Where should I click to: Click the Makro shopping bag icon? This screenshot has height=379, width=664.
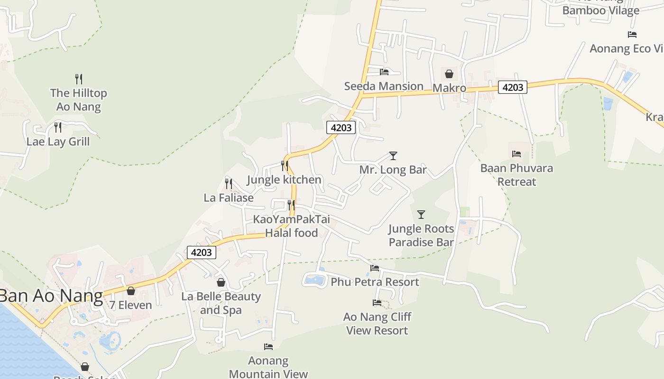click(449, 74)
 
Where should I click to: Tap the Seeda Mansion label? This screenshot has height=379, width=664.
click(384, 86)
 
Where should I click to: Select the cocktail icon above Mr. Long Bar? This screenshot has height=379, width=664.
click(393, 156)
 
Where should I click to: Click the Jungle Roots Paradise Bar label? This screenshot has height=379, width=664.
click(421, 235)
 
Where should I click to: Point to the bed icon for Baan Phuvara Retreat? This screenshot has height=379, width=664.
click(516, 154)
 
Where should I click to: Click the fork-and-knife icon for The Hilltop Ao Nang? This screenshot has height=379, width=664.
click(79, 79)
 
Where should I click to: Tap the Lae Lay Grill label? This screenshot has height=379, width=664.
click(58, 142)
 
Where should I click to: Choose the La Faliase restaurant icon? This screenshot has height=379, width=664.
click(229, 183)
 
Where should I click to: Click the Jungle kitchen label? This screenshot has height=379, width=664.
click(284, 180)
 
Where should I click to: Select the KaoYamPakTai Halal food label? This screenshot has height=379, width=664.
click(291, 226)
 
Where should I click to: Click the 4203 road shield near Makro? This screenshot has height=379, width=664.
click(512, 87)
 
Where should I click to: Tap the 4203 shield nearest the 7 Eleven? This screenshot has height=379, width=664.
click(202, 253)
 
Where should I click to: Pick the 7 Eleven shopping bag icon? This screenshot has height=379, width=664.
click(130, 291)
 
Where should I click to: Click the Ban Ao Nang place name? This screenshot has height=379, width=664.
click(51, 296)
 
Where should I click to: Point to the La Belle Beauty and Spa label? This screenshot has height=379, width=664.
click(221, 303)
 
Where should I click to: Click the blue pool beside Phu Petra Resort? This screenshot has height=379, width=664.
click(314, 280)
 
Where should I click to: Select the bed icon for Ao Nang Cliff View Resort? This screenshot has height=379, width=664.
click(377, 303)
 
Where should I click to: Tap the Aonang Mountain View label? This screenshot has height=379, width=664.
click(268, 367)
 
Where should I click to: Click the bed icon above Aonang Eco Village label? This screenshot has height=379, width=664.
click(632, 35)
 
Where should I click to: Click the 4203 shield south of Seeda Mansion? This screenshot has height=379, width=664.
click(341, 127)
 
